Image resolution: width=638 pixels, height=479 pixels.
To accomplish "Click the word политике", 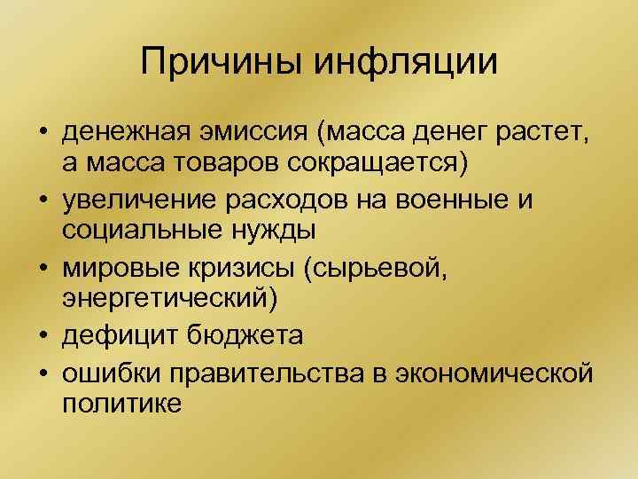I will pos(121,404).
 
